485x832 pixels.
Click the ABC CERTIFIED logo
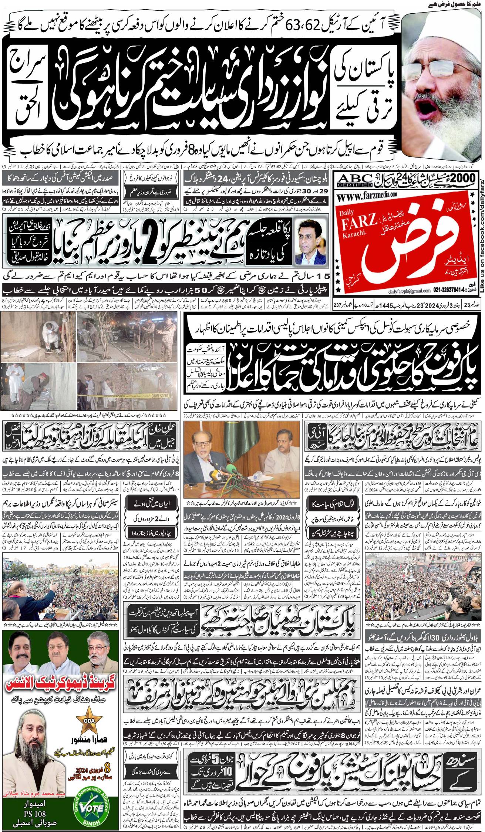(353, 180)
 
